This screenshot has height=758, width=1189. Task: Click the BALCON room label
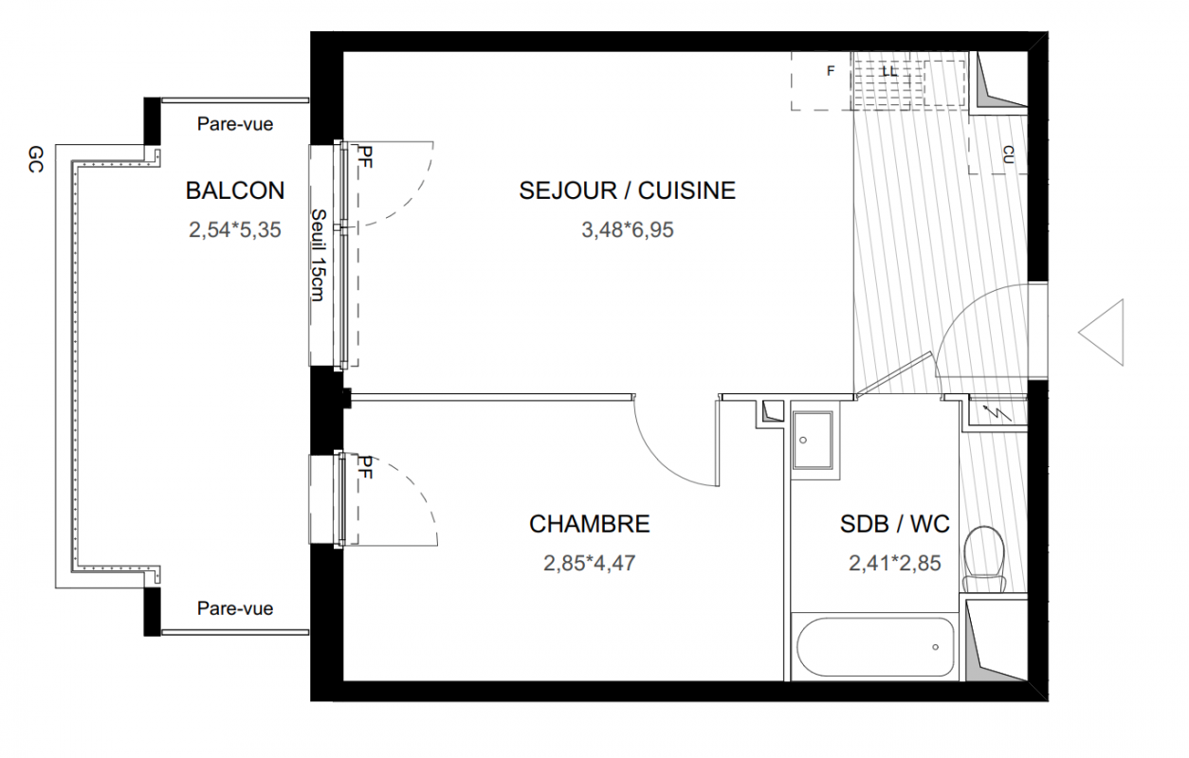[x=235, y=190]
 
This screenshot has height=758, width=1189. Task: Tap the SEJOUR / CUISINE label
[x=628, y=190]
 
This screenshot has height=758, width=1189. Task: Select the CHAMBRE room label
[x=589, y=524]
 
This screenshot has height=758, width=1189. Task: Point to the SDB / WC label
[x=895, y=524]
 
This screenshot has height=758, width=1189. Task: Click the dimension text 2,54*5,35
[x=235, y=230]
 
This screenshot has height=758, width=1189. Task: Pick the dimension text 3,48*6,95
[x=628, y=230]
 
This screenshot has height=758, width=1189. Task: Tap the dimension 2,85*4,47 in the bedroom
[x=589, y=563]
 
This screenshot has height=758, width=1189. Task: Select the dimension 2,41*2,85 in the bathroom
[x=895, y=563]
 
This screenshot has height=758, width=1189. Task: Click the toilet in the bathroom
[x=984, y=559]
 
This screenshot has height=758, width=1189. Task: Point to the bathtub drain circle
[x=935, y=646]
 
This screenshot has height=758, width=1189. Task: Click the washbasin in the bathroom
[x=813, y=441]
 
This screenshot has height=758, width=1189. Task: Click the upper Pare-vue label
[x=235, y=124]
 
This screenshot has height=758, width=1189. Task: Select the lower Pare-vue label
[x=235, y=608]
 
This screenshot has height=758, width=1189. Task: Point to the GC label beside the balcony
[x=35, y=160]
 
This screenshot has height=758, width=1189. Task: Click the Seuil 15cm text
[x=318, y=255]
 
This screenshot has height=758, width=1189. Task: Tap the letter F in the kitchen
[x=831, y=70]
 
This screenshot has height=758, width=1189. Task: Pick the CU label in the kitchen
[x=1009, y=154]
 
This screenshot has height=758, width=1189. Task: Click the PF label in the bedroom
[x=365, y=467]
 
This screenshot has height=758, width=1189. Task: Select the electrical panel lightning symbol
[x=997, y=413]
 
